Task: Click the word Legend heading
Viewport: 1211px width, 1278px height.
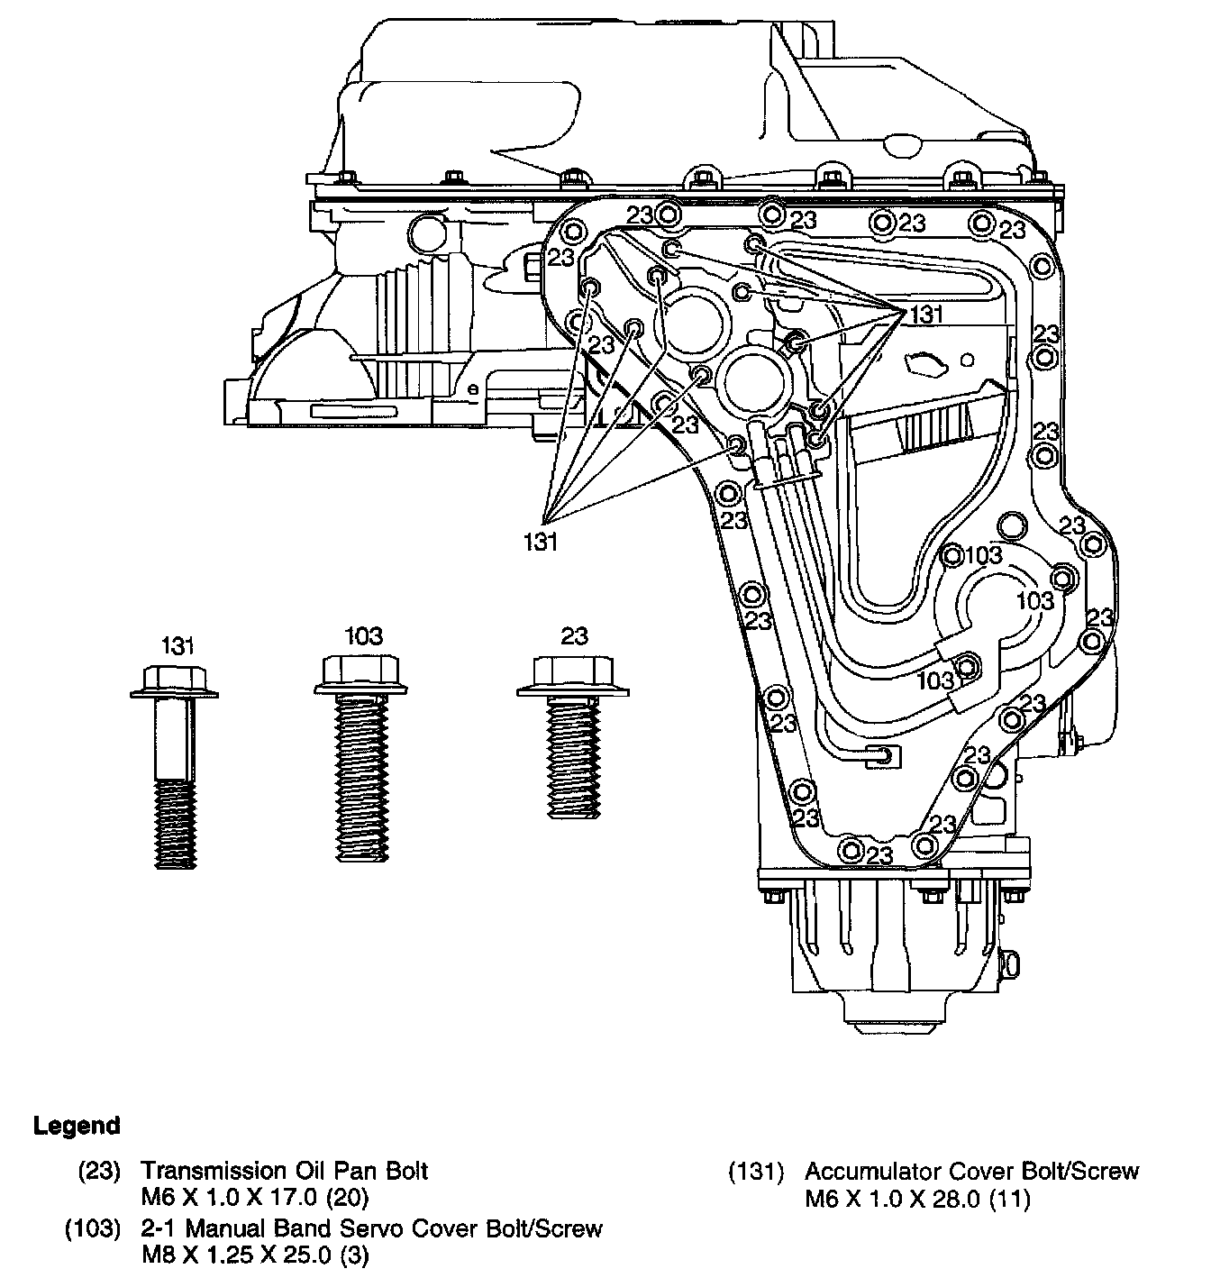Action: point(77,1126)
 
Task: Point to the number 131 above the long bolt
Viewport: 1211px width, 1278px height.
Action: point(178,645)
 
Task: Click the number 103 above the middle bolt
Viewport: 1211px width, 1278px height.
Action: point(363,636)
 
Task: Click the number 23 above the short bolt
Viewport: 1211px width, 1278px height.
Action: point(574,636)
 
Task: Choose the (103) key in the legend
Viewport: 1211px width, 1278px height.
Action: point(93,1228)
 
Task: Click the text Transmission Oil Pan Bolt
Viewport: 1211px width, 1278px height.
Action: point(284,1171)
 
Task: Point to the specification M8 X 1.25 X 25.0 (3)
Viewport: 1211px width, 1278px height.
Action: point(255,1255)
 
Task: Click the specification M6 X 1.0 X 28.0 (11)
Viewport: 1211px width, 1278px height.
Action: point(917,1200)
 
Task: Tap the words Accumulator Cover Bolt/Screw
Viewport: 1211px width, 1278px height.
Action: point(971,1171)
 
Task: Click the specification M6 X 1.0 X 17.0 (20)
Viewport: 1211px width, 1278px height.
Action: point(255,1199)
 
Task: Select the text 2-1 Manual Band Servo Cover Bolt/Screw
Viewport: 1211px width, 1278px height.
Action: point(371,1228)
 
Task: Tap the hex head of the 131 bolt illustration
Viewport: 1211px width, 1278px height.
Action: point(174,677)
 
